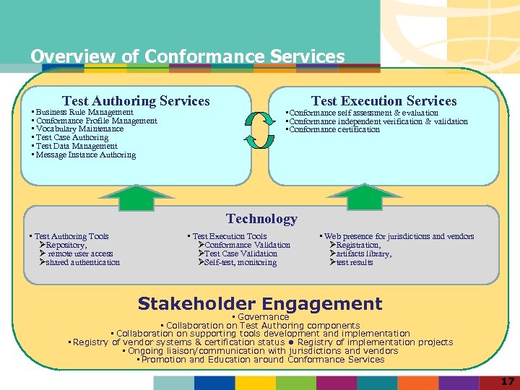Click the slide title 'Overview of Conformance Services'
point(188,56)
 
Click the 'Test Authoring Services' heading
point(136,101)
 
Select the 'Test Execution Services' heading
point(383,101)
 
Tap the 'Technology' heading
point(261,219)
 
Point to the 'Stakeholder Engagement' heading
point(260,304)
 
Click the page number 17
point(508,381)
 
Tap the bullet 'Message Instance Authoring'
point(85,155)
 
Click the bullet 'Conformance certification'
point(334,130)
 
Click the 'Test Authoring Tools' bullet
point(71,236)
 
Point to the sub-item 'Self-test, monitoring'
point(239,262)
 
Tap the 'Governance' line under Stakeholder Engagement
point(263,317)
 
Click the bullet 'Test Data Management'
point(76,146)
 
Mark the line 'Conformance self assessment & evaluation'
point(363,113)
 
